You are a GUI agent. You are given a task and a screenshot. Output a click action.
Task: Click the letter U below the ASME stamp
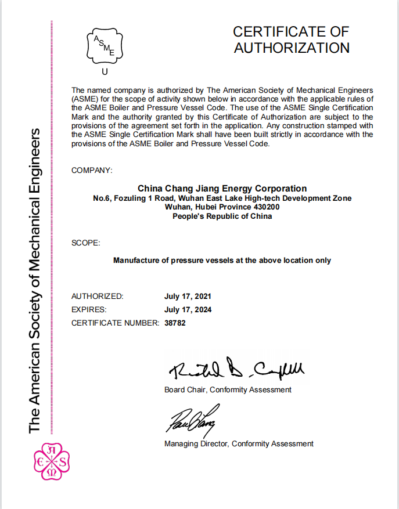(105, 72)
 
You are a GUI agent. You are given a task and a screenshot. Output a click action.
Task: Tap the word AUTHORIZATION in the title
(292, 48)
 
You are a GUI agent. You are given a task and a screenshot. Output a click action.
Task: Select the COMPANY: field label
(92, 170)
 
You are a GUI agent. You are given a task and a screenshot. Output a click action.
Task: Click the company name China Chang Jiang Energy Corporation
(222, 188)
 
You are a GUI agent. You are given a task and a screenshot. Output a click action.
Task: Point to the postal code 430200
(266, 207)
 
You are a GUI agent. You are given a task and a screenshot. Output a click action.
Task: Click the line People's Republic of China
(222, 216)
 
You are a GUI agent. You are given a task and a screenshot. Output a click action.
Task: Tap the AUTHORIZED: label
(97, 296)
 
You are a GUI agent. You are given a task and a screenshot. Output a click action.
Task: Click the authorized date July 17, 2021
(188, 296)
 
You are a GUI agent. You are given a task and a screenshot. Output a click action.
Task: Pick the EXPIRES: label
(89, 309)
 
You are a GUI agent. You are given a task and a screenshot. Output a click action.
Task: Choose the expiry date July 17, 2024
(188, 309)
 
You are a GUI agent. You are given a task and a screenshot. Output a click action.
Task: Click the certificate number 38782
(175, 323)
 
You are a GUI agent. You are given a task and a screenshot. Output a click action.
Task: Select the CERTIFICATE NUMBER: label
(115, 323)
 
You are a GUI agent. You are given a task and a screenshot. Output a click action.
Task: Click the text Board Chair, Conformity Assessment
(228, 389)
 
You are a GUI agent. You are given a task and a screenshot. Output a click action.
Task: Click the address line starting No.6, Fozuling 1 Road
(222, 198)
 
